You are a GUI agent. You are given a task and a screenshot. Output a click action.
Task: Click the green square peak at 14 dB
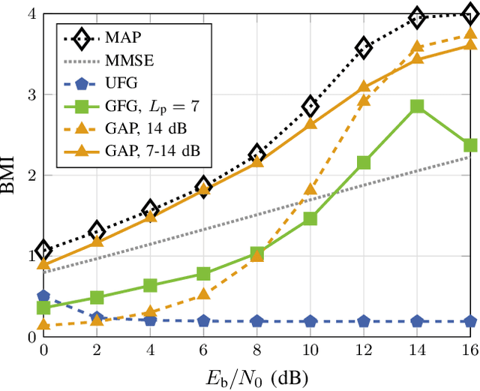coord(417,107)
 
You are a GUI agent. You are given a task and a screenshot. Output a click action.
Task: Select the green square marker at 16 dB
coord(470,145)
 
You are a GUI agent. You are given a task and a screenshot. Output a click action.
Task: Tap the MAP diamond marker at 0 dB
coord(43,251)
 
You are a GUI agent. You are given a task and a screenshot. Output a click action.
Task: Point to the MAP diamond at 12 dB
coord(364,48)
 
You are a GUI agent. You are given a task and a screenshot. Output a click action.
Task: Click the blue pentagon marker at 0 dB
coord(43,297)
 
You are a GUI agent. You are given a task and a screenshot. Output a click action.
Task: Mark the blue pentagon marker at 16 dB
coord(470,321)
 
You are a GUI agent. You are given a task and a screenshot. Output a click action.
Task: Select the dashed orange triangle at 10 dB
coord(310,189)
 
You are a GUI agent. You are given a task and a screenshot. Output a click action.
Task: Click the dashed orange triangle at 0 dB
coord(43,324)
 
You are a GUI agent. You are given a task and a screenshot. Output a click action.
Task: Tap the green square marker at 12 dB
coord(364,162)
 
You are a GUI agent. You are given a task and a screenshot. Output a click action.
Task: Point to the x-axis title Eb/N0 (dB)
coord(257,374)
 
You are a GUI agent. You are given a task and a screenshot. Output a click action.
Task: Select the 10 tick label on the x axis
coord(310,350)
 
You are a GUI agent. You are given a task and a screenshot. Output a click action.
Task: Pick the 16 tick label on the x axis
coord(469,350)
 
